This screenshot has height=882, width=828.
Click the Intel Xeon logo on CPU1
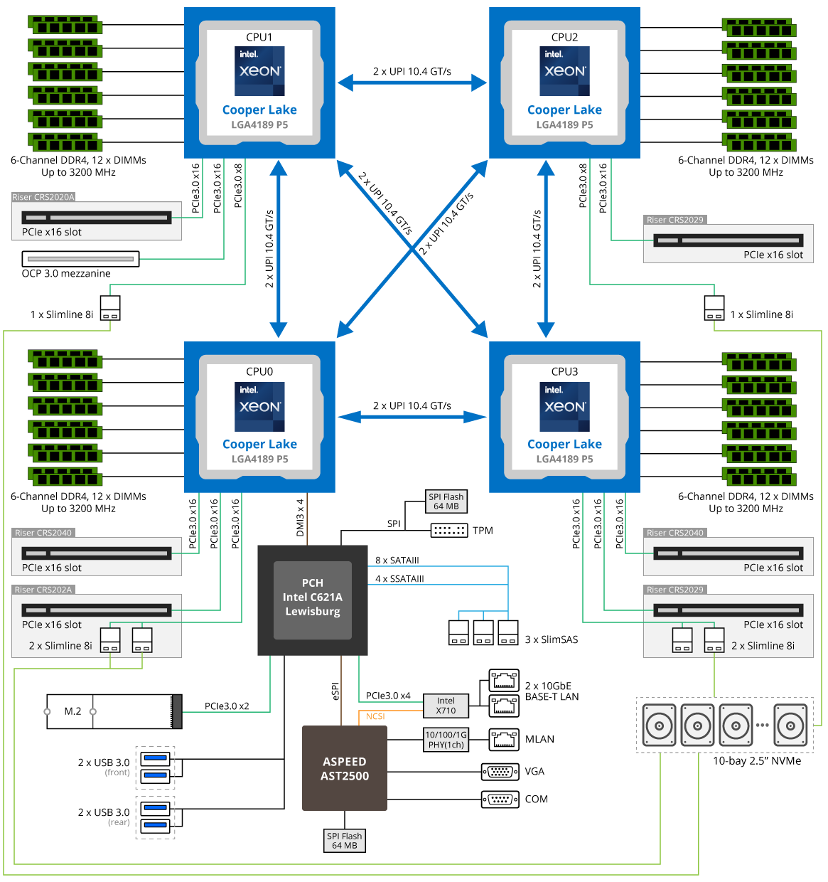point(259,70)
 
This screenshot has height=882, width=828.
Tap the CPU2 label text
point(564,37)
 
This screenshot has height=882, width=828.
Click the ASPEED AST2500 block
point(345,768)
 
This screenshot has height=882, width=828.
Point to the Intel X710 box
point(446,706)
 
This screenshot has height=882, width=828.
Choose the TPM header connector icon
point(449,531)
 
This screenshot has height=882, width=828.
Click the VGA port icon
point(500,772)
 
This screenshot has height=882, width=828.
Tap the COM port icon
point(500,799)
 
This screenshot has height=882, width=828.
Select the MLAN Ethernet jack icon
point(504,740)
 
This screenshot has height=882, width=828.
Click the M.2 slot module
point(114,711)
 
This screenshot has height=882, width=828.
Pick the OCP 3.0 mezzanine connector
point(80,259)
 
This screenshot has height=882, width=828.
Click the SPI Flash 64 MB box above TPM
point(446,501)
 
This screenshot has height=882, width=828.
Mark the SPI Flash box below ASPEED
point(345,841)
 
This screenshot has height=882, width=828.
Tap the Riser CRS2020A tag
point(43,197)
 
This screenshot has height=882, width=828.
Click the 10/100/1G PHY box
point(446,740)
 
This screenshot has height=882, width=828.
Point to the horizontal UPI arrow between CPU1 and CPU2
point(412,83)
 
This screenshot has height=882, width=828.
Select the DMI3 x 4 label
point(300,517)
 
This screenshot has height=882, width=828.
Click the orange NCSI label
point(375,716)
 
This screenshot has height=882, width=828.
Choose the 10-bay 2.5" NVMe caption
point(757,761)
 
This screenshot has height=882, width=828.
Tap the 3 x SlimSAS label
point(552,639)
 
